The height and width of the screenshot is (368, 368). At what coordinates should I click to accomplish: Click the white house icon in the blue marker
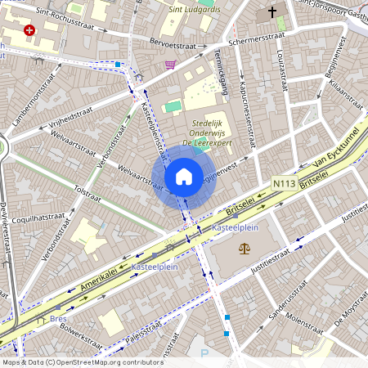184,176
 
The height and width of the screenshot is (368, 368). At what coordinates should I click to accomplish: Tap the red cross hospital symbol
30,30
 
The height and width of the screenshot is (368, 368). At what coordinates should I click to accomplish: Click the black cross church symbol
272,14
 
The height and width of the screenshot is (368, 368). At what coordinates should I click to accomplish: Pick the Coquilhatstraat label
39,218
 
